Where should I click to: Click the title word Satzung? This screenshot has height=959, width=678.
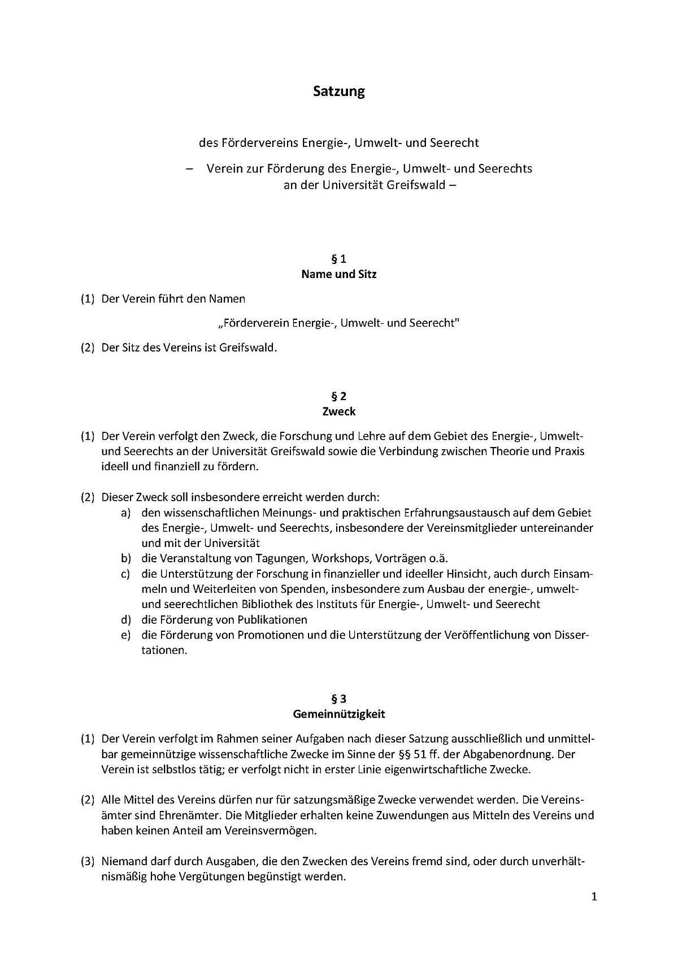(339, 92)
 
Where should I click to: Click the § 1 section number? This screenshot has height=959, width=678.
(338, 259)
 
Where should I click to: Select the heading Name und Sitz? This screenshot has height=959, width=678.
(338, 275)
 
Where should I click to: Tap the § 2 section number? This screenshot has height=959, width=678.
(338, 396)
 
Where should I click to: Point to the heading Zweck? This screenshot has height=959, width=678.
(338, 411)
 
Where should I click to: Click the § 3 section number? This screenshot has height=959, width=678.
(338, 698)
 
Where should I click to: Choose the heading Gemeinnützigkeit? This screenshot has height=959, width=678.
(338, 714)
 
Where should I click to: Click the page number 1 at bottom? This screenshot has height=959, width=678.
(594, 896)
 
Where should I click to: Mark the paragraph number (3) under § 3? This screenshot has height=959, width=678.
(87, 862)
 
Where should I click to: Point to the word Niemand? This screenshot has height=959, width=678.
(123, 862)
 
